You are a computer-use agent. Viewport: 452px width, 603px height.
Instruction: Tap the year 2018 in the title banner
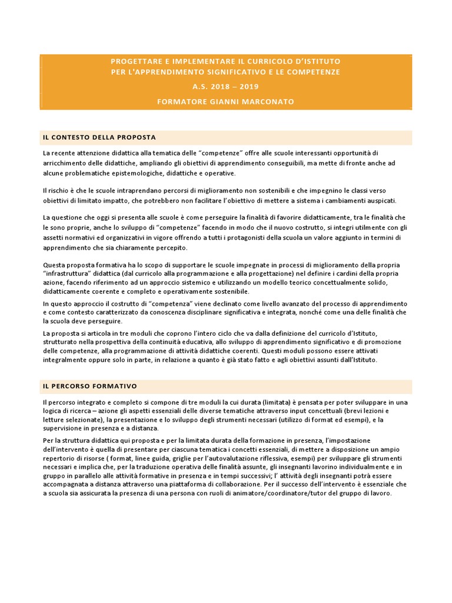pyautogui.click(x=213, y=87)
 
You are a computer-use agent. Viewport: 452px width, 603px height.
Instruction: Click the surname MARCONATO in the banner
pyautogui.click(x=265, y=102)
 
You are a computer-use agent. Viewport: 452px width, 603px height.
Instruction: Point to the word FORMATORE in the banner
pyautogui.click(x=180, y=102)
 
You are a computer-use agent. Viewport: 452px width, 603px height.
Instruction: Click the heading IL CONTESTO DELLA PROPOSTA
pyautogui.click(x=99, y=137)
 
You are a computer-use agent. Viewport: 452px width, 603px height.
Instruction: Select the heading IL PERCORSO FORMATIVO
pyautogui.click(x=89, y=386)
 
